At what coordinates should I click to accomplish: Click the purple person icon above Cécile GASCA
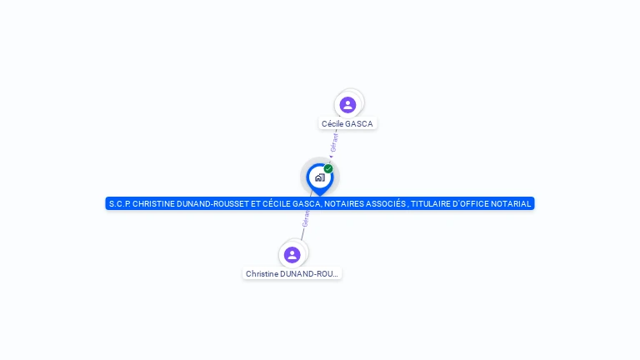[x=347, y=105]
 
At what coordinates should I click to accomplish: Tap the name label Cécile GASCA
[x=347, y=123]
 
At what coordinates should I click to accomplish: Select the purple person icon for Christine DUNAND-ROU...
[x=292, y=255]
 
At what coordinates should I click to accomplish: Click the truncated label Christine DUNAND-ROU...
[x=292, y=273]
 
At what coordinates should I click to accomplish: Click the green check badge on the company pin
[x=328, y=168]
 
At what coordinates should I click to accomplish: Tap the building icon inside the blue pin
[x=319, y=177]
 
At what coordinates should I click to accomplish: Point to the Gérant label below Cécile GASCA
[x=334, y=142]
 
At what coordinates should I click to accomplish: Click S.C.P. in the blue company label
[x=119, y=203]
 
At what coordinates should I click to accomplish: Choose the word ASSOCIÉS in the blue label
[x=385, y=203]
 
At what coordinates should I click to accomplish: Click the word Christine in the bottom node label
[x=262, y=273]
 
